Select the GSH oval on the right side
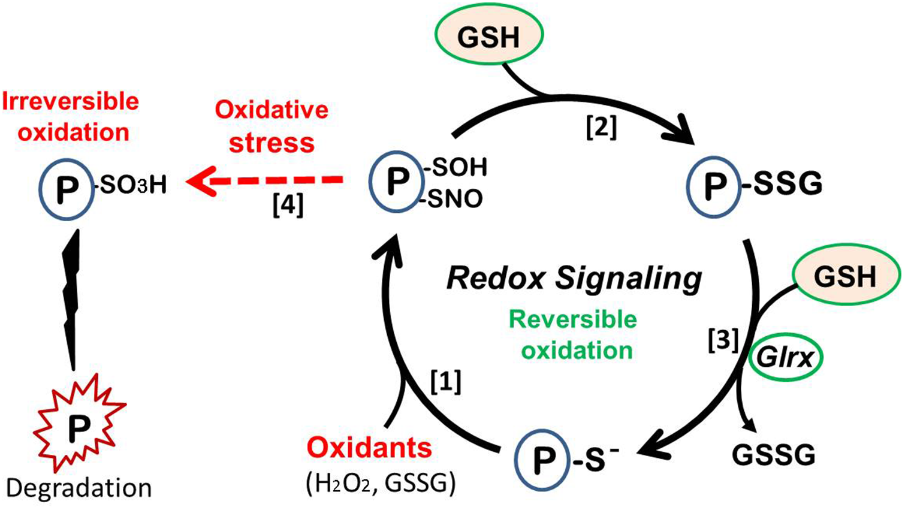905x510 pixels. [846, 277]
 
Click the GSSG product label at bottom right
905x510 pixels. [773, 455]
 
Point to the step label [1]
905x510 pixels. [446, 381]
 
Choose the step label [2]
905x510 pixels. [601, 128]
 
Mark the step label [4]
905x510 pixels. [288, 206]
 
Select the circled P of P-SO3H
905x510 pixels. [67, 189]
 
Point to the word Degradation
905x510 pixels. [79, 488]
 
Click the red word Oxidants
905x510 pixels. [369, 448]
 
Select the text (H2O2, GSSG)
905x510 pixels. [381, 483]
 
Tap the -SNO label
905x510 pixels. [454, 199]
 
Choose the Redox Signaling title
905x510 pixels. [574, 278]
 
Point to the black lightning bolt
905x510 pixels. [71, 300]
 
